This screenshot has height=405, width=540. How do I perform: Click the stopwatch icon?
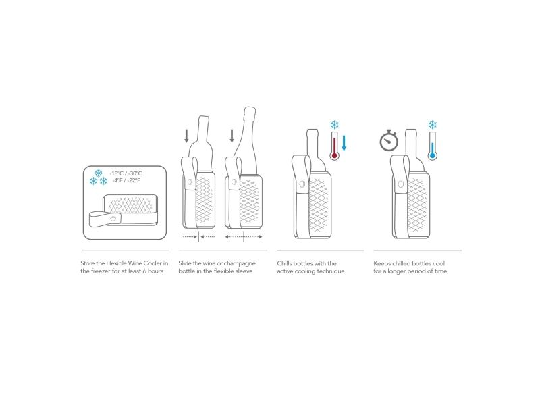[x=389, y=140]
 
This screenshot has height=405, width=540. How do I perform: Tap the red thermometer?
[x=334, y=146]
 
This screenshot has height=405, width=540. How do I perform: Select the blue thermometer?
[x=432, y=146]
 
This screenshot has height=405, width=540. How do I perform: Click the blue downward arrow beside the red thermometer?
[x=344, y=143]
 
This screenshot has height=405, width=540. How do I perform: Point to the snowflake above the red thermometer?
[x=334, y=125]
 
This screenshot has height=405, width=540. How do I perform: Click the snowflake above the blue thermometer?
[x=432, y=125]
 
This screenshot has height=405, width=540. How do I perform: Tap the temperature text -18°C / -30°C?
[x=126, y=173]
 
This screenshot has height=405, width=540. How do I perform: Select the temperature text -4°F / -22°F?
[x=126, y=180]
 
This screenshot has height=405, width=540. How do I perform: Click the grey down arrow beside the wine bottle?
[x=187, y=136]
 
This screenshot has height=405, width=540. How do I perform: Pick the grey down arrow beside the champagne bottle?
[x=232, y=136]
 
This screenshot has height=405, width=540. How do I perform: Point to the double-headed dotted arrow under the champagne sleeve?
[x=244, y=237]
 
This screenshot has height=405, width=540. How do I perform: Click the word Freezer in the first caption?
[x=101, y=271]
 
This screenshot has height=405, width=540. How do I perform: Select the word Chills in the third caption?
[x=284, y=263]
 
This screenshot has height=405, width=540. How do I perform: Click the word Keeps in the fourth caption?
[x=382, y=263]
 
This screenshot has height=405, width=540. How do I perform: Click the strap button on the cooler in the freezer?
[x=113, y=218]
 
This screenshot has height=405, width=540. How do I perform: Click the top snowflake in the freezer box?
[x=99, y=173]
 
